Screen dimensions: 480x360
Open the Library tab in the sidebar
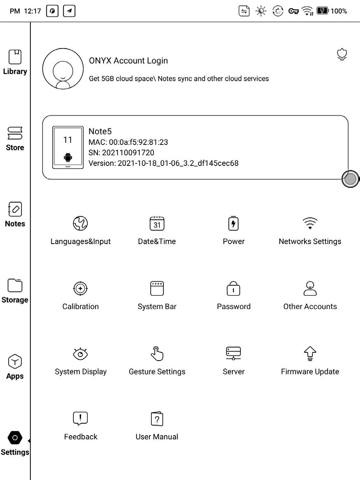coord(15,62)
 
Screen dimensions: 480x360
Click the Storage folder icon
coord(15,285)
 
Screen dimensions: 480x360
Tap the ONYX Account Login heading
coord(128,61)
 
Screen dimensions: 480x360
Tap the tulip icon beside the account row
coord(341,55)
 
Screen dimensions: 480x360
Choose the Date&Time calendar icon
coord(157,223)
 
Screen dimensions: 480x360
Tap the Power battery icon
coord(233,223)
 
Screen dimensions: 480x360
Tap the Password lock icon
coord(233,289)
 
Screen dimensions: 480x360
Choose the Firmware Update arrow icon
coord(310,353)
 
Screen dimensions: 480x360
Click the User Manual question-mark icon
coord(157,419)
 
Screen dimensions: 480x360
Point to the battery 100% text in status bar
coord(339,11)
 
